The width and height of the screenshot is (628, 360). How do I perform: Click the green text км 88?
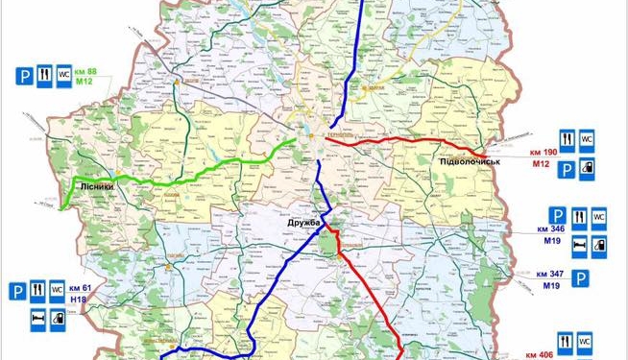pos(85,72)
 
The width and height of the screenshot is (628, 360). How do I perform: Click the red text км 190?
pos(543,154)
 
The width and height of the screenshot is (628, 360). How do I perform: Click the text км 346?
pos(550,230)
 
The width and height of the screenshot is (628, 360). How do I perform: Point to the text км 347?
pos(550,275)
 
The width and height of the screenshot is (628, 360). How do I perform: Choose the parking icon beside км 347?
pos(581,278)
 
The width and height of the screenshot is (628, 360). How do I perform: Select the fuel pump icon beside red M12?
pos(588,168)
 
